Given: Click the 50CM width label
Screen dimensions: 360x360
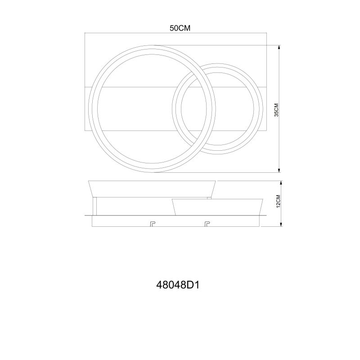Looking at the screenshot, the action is click(180, 28).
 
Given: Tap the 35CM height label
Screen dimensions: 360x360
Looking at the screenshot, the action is click(276, 110).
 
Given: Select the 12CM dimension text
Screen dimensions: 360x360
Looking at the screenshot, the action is click(278, 201).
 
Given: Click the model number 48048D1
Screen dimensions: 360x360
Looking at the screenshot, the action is click(178, 285).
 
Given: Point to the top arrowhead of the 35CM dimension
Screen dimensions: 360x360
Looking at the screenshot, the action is click(279, 47).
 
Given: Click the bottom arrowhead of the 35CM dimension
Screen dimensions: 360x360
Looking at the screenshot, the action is click(279, 171).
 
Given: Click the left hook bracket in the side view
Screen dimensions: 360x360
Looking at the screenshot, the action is click(153, 224).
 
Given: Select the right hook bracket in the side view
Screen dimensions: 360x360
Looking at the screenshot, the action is click(207, 224).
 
